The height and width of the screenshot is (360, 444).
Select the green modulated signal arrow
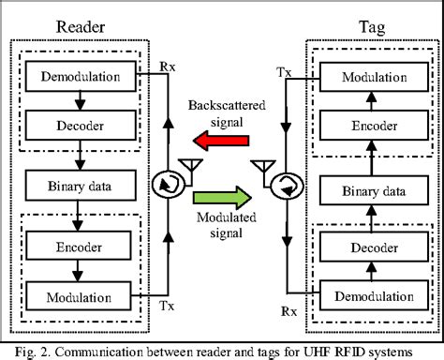[222, 198]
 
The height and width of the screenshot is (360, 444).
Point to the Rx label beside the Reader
[168, 67]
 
